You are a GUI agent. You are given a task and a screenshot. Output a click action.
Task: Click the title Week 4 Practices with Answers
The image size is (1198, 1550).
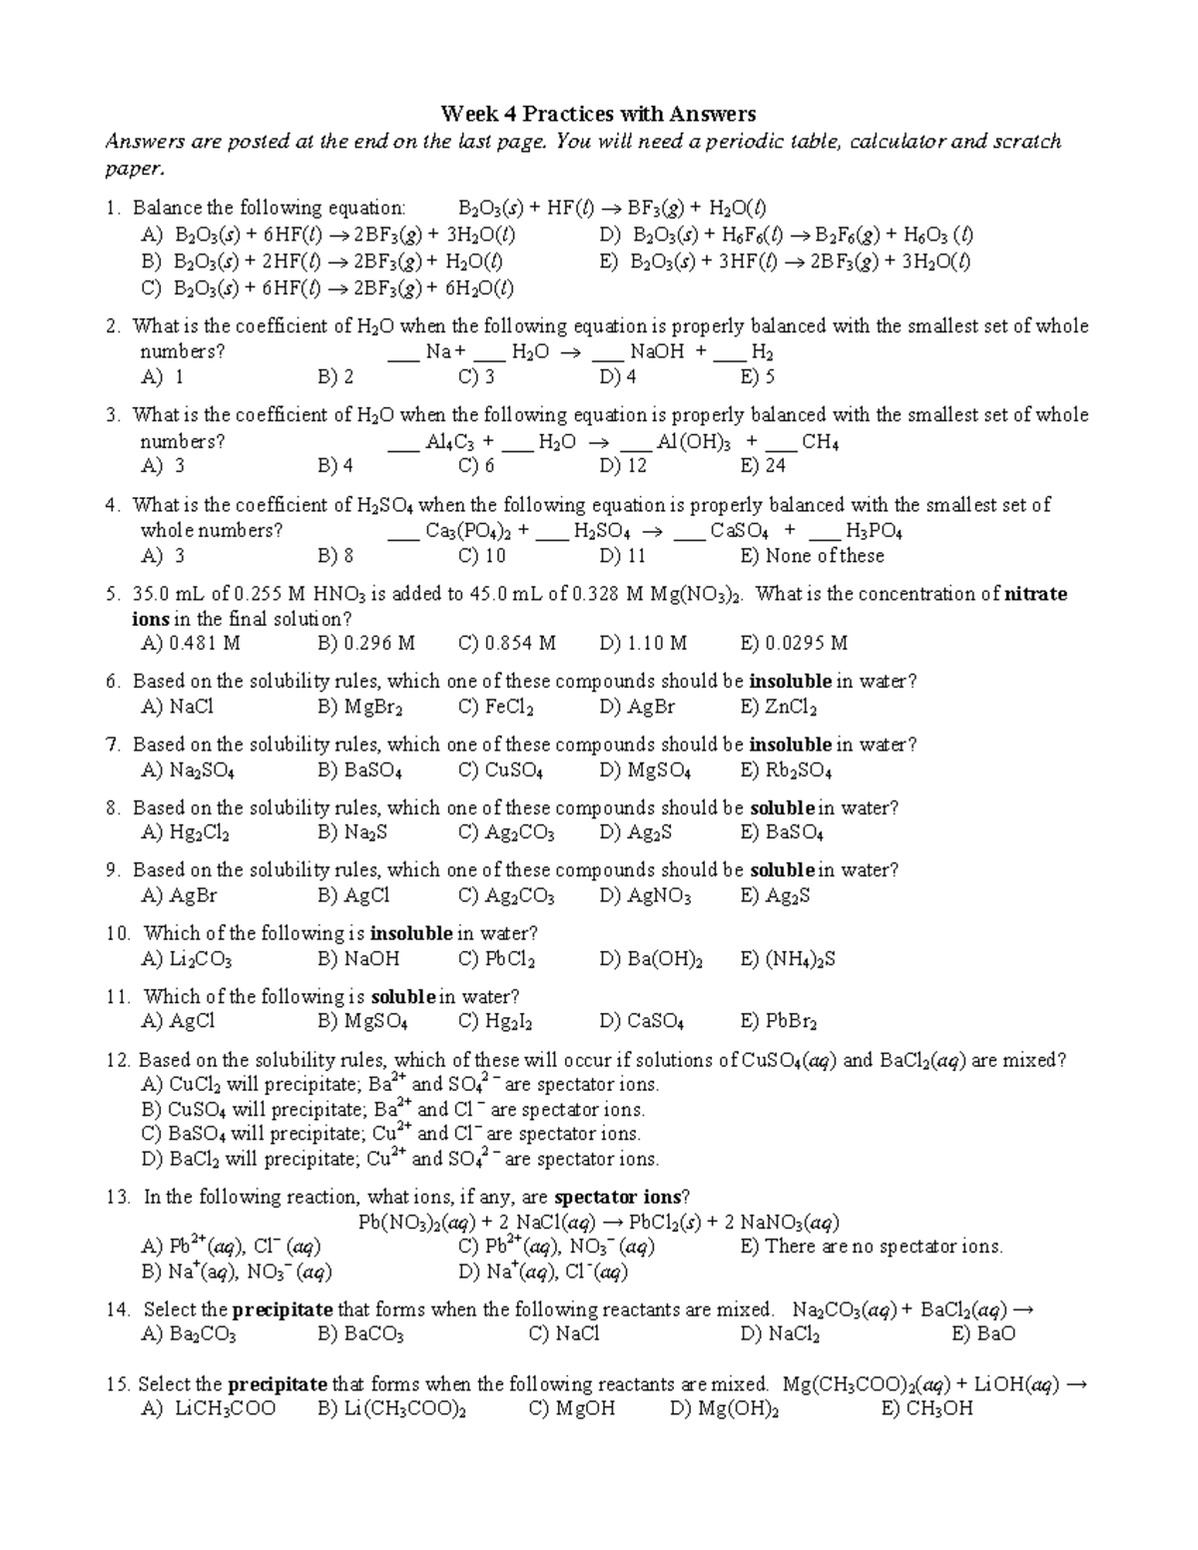(x=598, y=114)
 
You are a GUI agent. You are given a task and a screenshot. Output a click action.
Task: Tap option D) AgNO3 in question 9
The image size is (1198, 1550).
(x=645, y=896)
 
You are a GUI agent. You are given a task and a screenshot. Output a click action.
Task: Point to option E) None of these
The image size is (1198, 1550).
(x=812, y=556)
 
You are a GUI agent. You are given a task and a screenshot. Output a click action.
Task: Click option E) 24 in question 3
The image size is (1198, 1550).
(x=763, y=466)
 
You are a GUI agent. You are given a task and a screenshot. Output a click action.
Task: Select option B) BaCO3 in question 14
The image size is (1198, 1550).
(x=360, y=1334)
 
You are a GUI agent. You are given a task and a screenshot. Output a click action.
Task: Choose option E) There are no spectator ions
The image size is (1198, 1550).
(x=871, y=1247)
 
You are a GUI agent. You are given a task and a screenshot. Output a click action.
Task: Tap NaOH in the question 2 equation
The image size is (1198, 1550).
(x=656, y=352)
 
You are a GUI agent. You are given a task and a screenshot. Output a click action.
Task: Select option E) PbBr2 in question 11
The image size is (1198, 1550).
(x=779, y=1021)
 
